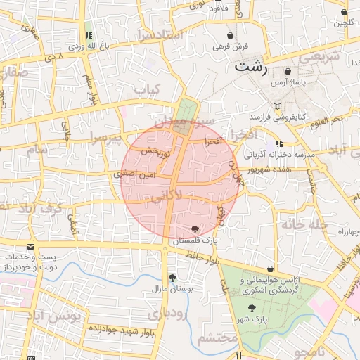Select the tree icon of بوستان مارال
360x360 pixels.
click(x=173, y=278)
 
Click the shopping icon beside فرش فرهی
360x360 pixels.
click(x=231, y=35)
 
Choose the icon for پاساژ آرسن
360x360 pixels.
click(x=287, y=72)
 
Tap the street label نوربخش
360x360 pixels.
click(x=155, y=150)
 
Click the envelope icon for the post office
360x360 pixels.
click(x=30, y=247)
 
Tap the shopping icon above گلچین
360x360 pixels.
click(x=344, y=12)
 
